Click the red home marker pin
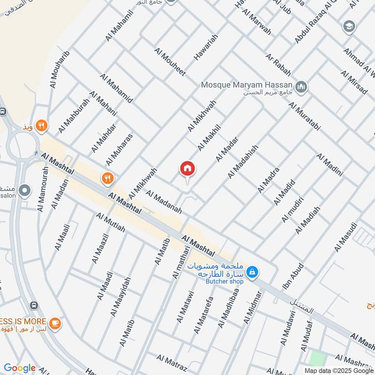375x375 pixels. point(187,169)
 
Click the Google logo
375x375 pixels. point(20,368)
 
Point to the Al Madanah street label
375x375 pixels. point(164,202)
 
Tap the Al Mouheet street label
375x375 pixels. point(170,61)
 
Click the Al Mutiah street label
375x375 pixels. point(111,223)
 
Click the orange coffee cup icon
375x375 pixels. point(55,323)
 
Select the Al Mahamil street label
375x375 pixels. point(116,25)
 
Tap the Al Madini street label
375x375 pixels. point(330,165)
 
